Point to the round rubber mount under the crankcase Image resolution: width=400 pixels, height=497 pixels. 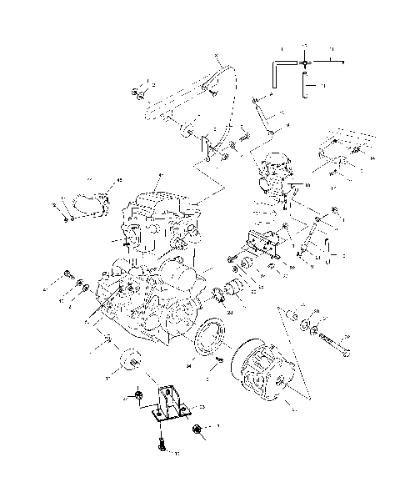129,360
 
